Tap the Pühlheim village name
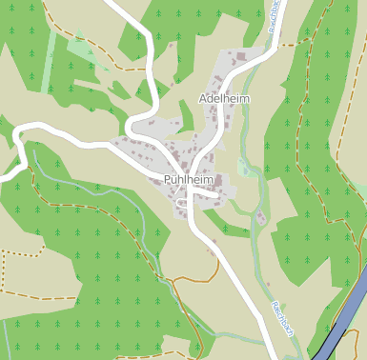[187, 179]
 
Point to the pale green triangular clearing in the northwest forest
[82, 44]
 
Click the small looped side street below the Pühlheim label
[182, 202]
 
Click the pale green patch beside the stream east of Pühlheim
[245, 170]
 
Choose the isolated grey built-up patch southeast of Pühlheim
[260, 218]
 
